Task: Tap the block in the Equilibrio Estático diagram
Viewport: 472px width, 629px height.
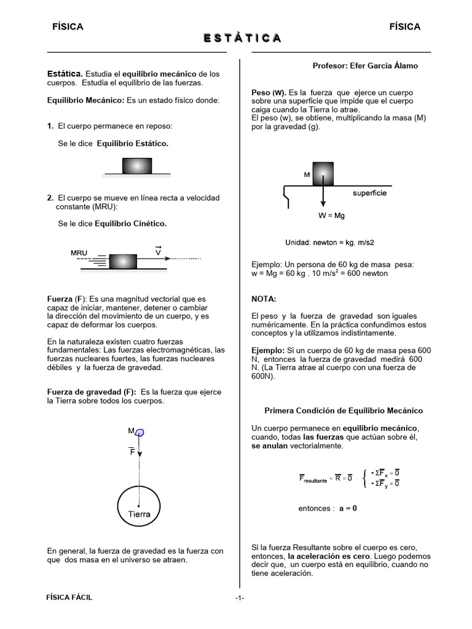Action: (x=137, y=166)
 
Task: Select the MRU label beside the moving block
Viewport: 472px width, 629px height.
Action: (x=79, y=253)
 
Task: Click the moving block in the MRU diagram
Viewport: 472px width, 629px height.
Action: (x=124, y=262)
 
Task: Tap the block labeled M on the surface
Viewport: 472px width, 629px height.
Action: (x=323, y=174)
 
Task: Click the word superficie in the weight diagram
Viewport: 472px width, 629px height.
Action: (x=369, y=193)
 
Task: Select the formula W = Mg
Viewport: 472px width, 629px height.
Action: (x=331, y=216)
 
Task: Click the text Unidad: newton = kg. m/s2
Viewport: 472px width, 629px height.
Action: (x=329, y=242)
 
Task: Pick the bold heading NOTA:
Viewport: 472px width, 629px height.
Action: (x=264, y=299)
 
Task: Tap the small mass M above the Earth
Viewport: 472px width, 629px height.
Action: (x=140, y=432)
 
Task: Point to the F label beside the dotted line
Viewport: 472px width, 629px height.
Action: (x=132, y=451)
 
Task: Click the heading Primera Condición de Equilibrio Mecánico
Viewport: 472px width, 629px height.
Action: (x=343, y=410)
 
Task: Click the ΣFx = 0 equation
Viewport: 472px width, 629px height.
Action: (x=387, y=472)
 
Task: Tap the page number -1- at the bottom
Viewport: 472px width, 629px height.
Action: (x=240, y=598)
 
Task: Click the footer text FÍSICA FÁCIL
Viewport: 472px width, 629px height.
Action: (x=70, y=598)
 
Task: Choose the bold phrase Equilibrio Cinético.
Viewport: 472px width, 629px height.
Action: (x=130, y=224)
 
